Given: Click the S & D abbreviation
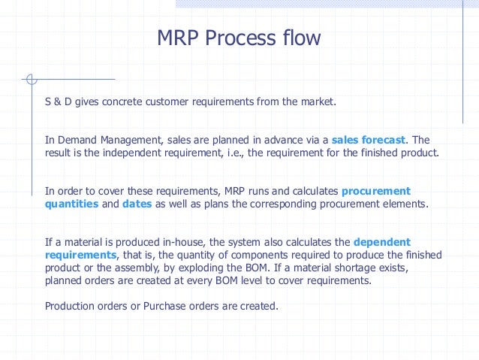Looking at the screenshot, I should pyautogui.click(x=58, y=101).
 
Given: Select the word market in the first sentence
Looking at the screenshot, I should pyautogui.click(x=317, y=101).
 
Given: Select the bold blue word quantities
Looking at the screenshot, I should pyautogui.click(x=71, y=204).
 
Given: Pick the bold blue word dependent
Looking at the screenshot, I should pyautogui.click(x=381, y=242).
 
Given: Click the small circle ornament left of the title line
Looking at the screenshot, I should pyautogui.click(x=30, y=79).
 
